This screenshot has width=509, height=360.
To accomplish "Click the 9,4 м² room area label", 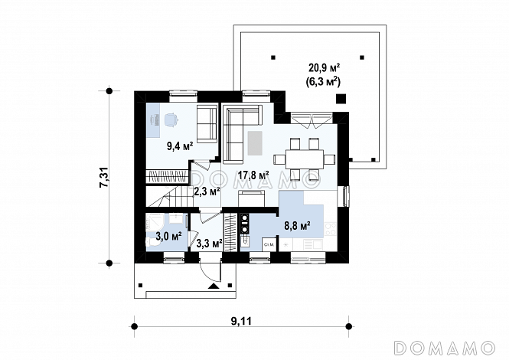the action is point(180,146).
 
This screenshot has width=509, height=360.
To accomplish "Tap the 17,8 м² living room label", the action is point(253,175).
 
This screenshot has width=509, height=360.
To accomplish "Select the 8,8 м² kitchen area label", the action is point(298,225).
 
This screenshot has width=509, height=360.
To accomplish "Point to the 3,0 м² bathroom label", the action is point(168,236).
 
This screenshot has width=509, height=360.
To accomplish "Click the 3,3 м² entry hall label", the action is point(210,243).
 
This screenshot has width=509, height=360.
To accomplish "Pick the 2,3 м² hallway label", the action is point(207,191).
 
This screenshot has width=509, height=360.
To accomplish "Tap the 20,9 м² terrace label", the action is point(324,68).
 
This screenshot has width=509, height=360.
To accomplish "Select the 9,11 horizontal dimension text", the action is point(241,322).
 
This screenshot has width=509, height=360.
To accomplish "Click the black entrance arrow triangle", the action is point(214,286).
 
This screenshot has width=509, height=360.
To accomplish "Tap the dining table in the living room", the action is point(305,159).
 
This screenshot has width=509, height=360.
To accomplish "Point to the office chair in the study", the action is point(171,119).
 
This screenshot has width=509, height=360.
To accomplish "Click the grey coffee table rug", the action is point(255,143).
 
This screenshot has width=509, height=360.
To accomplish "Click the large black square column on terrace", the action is point(341,99).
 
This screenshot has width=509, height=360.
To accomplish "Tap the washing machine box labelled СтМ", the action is point(269,244).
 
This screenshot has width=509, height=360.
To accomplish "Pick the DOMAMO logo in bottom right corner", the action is point(445,348).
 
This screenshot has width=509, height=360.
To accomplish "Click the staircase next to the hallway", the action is point(168,196).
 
